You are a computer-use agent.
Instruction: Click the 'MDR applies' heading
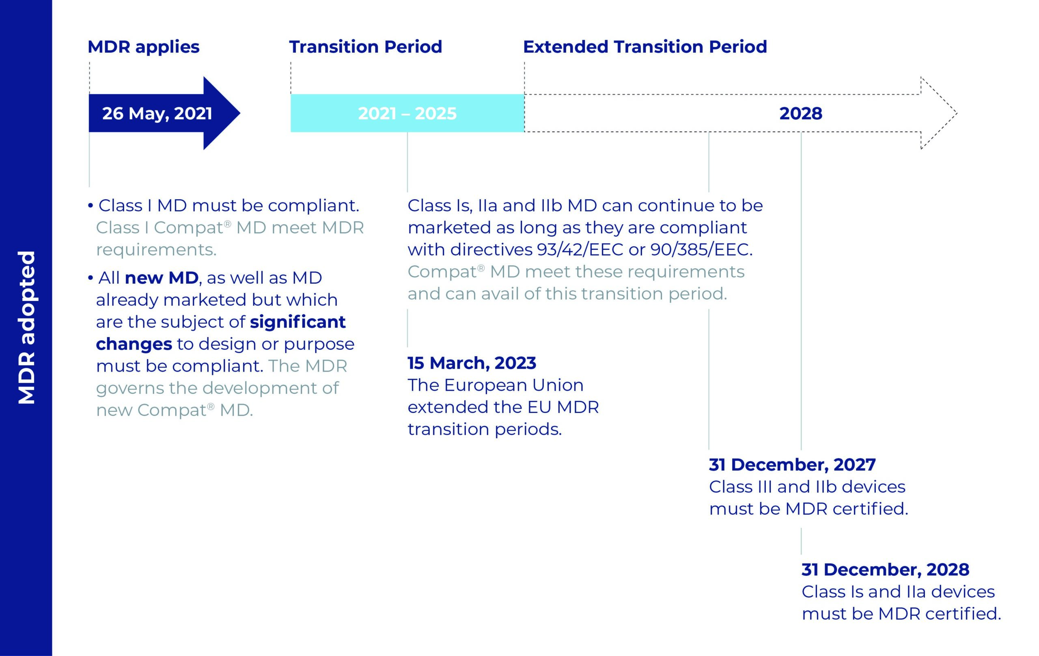pos(143,47)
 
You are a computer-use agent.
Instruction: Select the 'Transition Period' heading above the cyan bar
pos(365,47)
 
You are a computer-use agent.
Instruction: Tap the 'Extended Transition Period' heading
pos(645,47)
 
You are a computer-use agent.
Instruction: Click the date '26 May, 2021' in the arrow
pos(157,114)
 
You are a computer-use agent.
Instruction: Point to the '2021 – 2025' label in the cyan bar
pos(407,114)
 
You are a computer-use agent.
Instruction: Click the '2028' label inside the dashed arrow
pos(801,114)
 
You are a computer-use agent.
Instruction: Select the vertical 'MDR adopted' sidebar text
pos(27,328)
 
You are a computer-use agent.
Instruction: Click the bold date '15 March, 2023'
pos(472,363)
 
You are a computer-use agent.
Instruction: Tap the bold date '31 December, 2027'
pos(792,465)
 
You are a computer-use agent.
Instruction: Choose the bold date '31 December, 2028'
pos(886,570)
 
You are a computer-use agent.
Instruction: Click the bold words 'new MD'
pos(162,278)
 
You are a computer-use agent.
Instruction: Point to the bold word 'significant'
pos(298,322)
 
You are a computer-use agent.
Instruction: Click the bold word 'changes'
pos(134,344)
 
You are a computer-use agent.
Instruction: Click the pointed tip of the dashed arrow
pos(957,114)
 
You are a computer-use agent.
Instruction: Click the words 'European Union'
pos(513,385)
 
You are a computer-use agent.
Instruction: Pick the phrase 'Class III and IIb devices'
pos(807,487)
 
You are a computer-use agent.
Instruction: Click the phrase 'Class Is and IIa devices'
pos(898,592)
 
